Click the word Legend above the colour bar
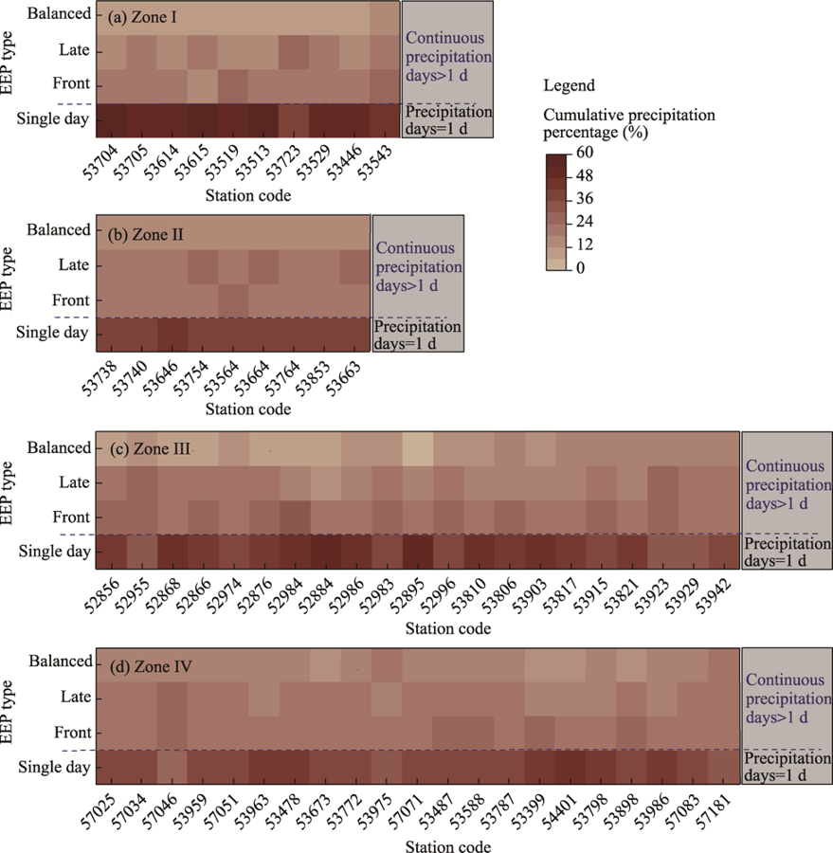[567, 86]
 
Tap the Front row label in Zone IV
[71, 733]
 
